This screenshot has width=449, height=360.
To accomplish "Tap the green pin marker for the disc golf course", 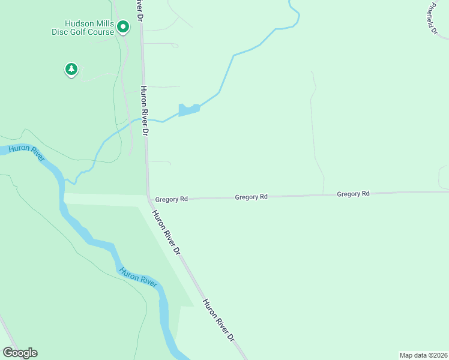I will point(123,26).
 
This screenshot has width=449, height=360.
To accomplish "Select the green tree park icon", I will point(71,69).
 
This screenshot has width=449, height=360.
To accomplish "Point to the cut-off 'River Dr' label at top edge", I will point(139,8).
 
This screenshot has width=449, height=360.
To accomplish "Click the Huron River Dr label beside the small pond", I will point(145,110).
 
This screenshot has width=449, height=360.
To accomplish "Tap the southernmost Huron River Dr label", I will point(218,320).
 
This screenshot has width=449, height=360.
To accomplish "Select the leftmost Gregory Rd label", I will point(172,199).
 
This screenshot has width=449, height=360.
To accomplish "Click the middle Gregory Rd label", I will point(251,197).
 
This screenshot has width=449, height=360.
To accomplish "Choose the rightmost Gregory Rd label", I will point(353,194).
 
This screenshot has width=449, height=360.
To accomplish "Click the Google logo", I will point(20,353).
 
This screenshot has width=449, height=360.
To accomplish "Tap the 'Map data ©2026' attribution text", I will point(423,355).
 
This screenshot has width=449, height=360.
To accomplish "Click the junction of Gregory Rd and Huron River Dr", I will point(148,196).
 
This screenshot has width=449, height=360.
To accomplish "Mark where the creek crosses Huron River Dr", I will point(144,119).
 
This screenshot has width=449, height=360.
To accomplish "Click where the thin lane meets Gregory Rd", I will point(324,194).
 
